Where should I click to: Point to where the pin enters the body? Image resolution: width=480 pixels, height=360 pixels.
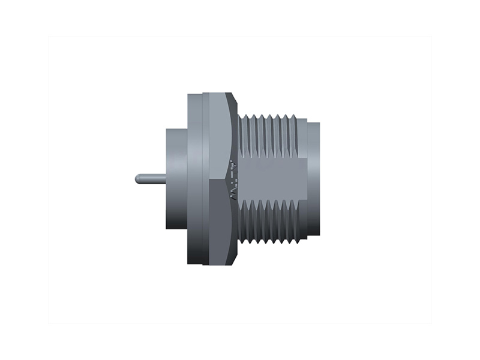click(166, 179)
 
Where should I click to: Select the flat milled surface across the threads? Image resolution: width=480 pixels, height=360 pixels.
click(273, 178)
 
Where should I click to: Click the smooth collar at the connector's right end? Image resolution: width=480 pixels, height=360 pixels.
click(313, 178)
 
